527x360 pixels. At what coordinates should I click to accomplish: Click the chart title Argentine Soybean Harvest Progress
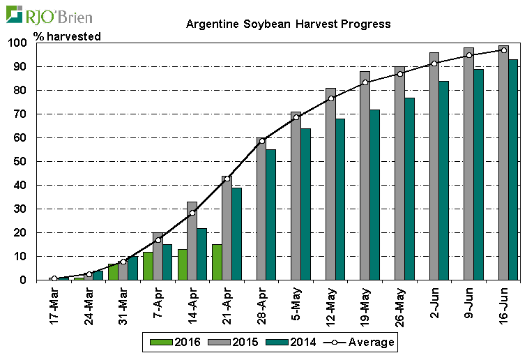pos(288,24)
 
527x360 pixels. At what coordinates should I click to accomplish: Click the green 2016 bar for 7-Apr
pos(148,266)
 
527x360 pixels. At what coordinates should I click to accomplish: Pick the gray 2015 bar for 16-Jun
pos(503,163)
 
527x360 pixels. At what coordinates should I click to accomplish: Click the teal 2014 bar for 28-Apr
pos(271,215)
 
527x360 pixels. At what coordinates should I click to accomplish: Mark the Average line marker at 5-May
pos(296,117)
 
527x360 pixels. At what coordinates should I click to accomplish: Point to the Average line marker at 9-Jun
pos(468,54)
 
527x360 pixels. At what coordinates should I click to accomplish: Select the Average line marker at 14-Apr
pos(192,213)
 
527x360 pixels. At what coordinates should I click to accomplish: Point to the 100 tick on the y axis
pos(18,43)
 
